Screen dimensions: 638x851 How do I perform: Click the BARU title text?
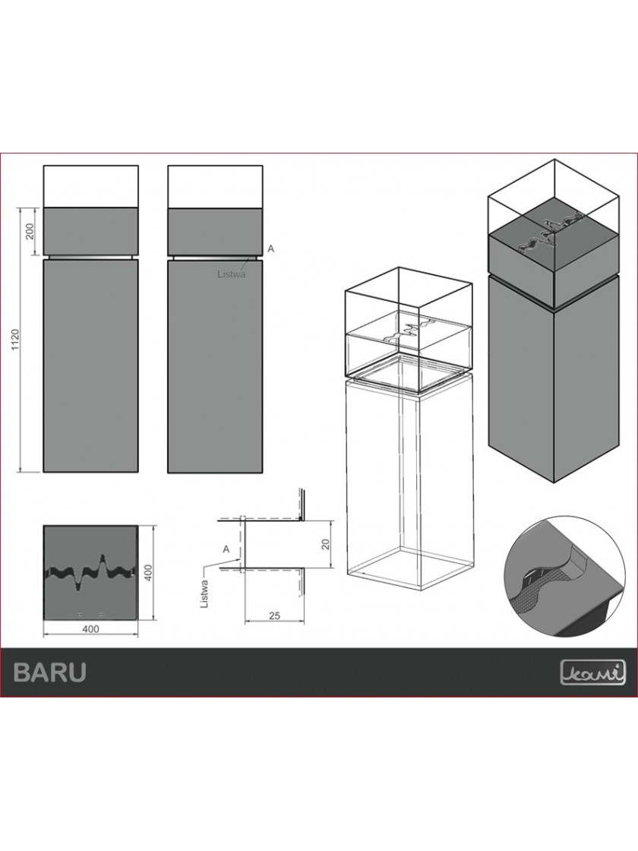49,672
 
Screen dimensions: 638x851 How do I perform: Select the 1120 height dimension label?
14,339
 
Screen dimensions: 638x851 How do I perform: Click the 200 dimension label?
30,231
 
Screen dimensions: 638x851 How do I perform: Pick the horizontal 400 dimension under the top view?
90,628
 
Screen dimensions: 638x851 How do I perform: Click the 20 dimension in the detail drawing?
326,544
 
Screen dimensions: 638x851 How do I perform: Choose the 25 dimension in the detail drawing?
274,615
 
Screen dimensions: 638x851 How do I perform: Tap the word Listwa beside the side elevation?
232,274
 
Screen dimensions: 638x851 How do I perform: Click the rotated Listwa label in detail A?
204,595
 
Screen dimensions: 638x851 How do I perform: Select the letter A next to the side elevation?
270,248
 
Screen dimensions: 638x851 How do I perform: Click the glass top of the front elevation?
90,185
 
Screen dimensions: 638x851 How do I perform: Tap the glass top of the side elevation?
216,185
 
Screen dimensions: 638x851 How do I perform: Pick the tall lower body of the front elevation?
90,365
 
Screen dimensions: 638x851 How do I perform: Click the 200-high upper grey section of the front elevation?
90,231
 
